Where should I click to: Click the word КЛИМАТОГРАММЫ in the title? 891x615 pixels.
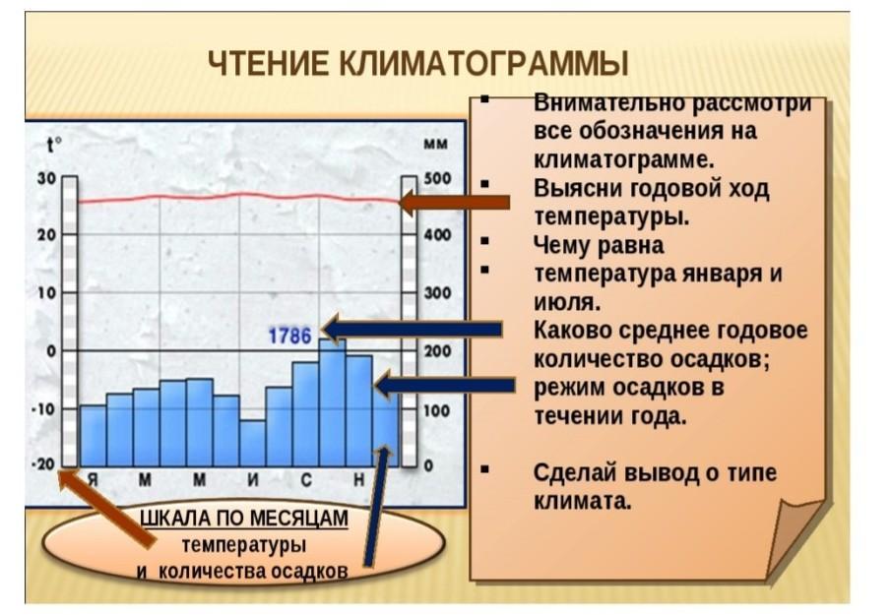(x=483, y=63)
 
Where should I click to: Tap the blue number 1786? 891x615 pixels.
(x=289, y=337)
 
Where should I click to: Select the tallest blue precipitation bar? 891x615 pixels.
(x=333, y=402)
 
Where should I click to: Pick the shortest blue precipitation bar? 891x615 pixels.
(x=252, y=444)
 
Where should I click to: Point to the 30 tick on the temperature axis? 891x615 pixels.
(x=46, y=178)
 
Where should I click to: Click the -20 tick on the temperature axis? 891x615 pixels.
(x=44, y=463)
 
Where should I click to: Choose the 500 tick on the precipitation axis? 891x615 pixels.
(x=437, y=178)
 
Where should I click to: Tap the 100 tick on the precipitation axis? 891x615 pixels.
(x=437, y=410)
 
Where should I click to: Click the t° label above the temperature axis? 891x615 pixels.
(x=54, y=146)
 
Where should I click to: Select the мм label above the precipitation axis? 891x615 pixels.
(x=436, y=145)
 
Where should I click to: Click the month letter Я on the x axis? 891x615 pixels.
(x=93, y=480)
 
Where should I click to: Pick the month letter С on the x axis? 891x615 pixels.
(x=306, y=480)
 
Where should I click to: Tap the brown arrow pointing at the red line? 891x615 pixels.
(x=454, y=202)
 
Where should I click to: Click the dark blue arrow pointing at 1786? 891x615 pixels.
(x=412, y=329)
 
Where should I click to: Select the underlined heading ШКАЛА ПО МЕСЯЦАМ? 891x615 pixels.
(x=244, y=519)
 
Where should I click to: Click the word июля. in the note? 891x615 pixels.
(x=567, y=302)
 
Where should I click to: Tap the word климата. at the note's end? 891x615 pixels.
(x=583, y=502)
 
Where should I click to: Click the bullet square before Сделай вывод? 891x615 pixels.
(x=484, y=469)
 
